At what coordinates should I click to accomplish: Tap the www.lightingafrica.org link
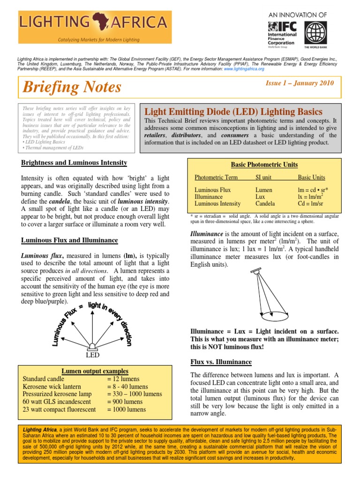click(x=244, y=68)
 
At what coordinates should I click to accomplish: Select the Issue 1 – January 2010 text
click(x=300, y=83)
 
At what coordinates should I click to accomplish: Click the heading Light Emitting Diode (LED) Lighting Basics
click(x=233, y=112)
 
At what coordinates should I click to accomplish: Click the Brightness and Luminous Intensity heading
click(x=74, y=163)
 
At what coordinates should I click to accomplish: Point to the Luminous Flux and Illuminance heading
click(x=70, y=240)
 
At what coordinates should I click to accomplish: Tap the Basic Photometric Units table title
click(x=264, y=165)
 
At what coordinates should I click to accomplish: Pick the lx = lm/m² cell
click(x=312, y=197)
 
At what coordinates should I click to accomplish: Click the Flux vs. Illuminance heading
click(x=221, y=362)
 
